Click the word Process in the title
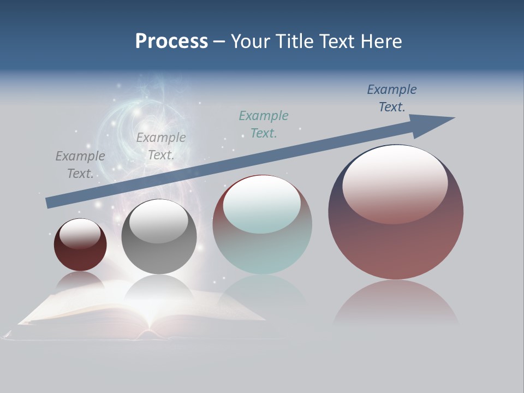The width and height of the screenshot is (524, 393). tap(171, 41)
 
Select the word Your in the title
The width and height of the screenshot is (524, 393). tap(249, 41)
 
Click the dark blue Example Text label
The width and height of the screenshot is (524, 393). tap(392, 98)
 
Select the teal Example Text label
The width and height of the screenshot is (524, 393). tap(264, 124)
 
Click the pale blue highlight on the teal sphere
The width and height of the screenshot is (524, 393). tap(262, 204)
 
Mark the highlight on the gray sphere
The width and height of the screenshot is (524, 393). tap(159, 221)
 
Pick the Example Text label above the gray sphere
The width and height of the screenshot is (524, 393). tap(161, 146)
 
